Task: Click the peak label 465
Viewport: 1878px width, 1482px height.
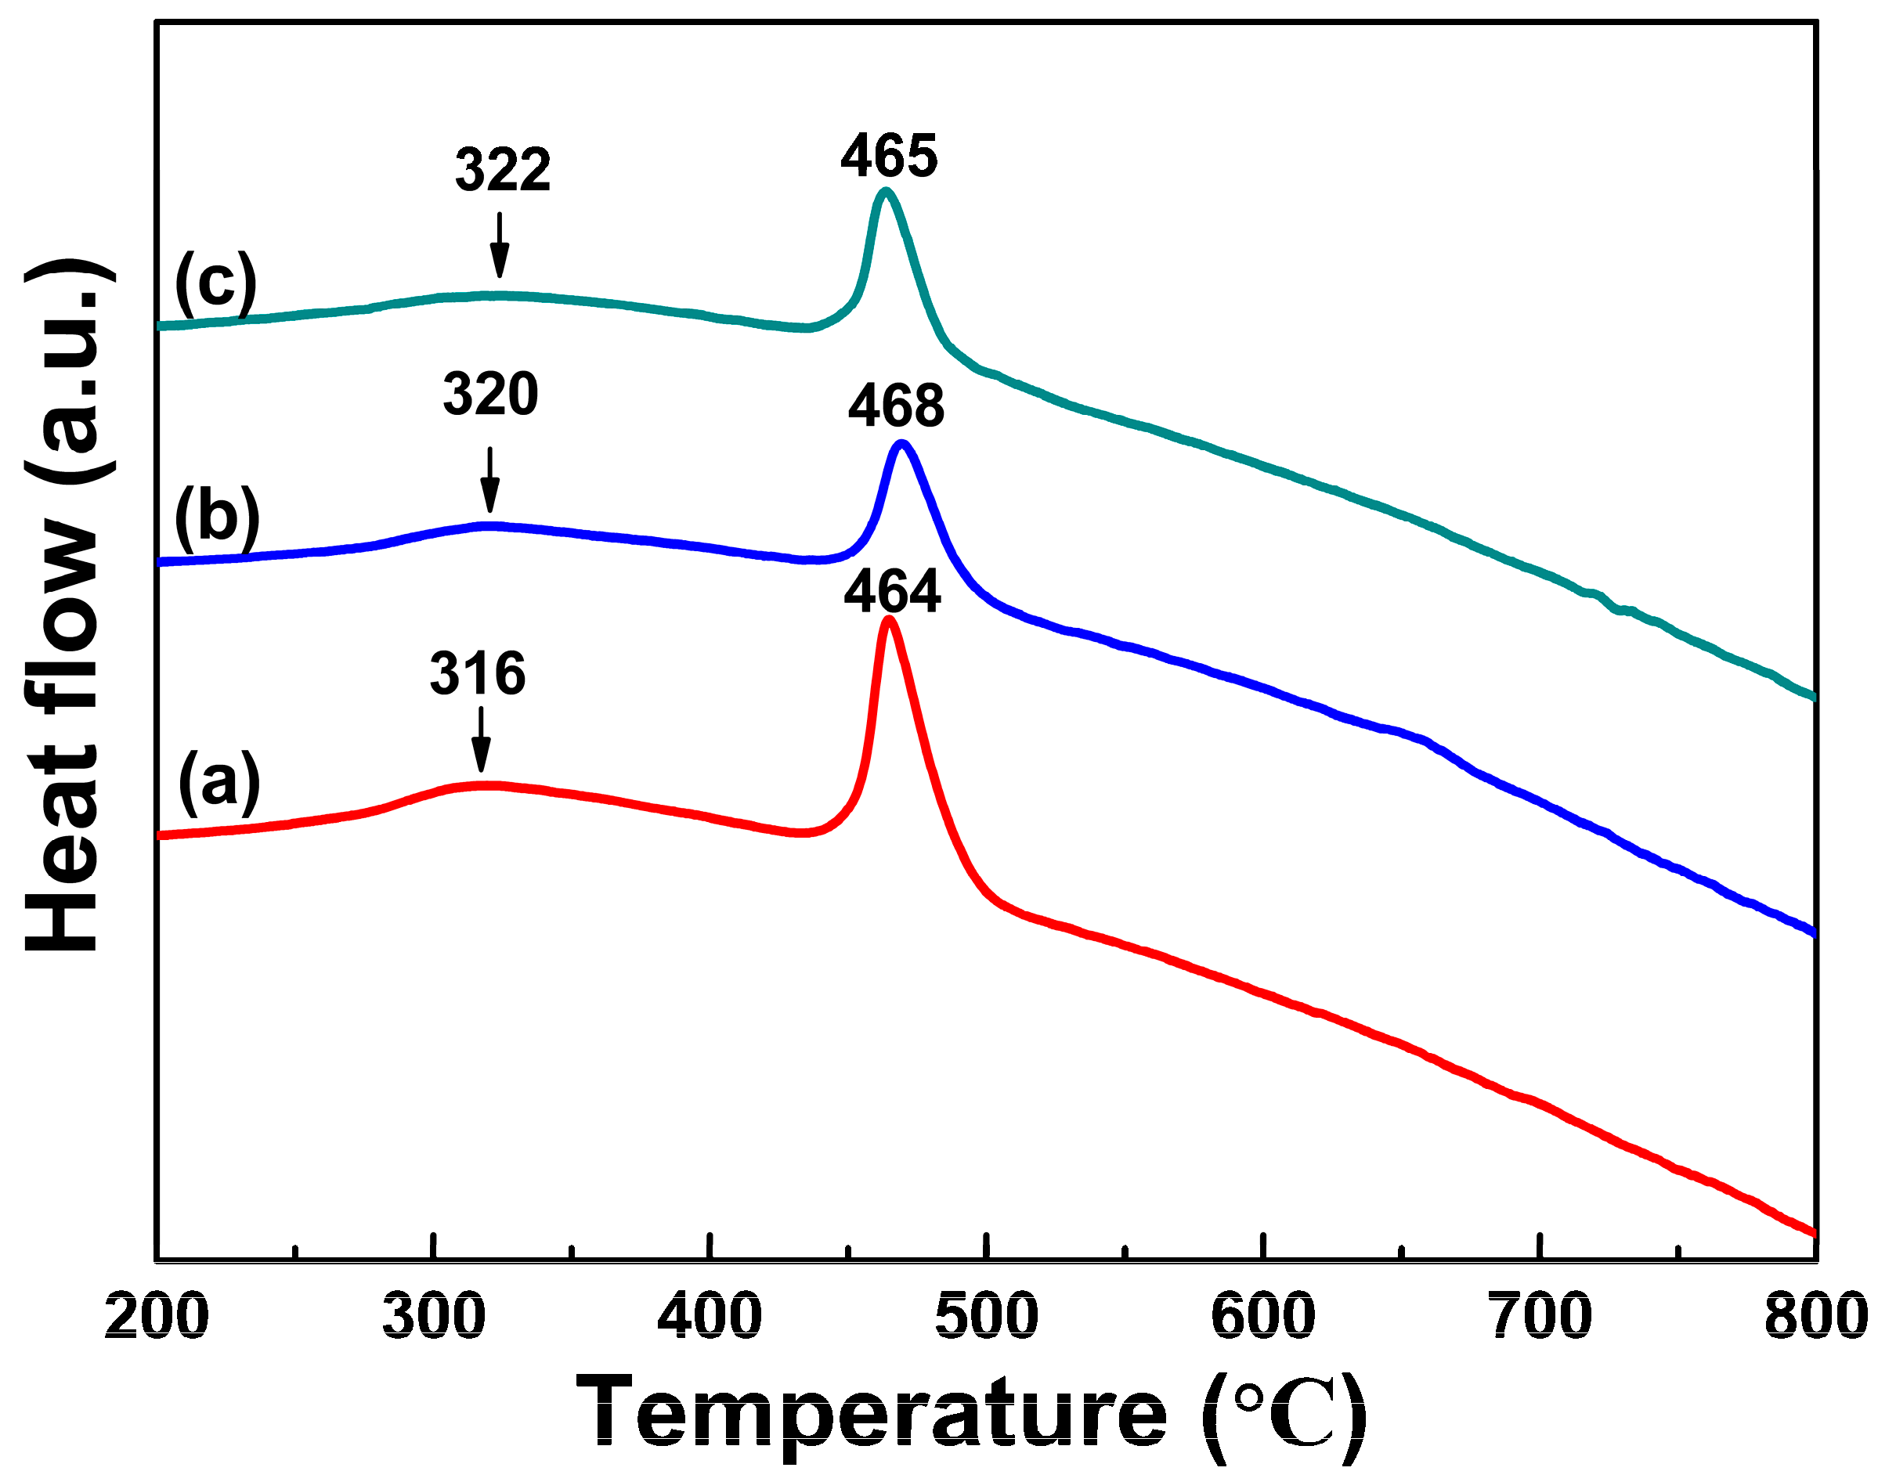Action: (x=889, y=157)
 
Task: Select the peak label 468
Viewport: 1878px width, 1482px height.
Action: (x=896, y=406)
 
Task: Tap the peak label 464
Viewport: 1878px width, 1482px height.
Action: (x=892, y=593)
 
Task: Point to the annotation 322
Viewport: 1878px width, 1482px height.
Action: (x=503, y=170)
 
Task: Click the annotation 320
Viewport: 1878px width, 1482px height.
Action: (x=490, y=395)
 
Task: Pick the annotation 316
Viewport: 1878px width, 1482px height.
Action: (x=477, y=673)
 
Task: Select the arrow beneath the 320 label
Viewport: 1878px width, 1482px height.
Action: (x=490, y=480)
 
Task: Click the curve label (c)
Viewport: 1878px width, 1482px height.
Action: (x=215, y=283)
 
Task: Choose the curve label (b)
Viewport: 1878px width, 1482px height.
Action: (x=216, y=517)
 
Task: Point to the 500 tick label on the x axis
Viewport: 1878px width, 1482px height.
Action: (x=986, y=1316)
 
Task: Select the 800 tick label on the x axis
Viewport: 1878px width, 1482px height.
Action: (x=1815, y=1316)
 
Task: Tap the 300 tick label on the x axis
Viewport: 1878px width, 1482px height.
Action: (x=433, y=1316)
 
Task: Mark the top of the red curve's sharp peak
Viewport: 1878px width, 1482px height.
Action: (x=888, y=619)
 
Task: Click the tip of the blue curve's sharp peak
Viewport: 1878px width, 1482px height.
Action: (x=902, y=444)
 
